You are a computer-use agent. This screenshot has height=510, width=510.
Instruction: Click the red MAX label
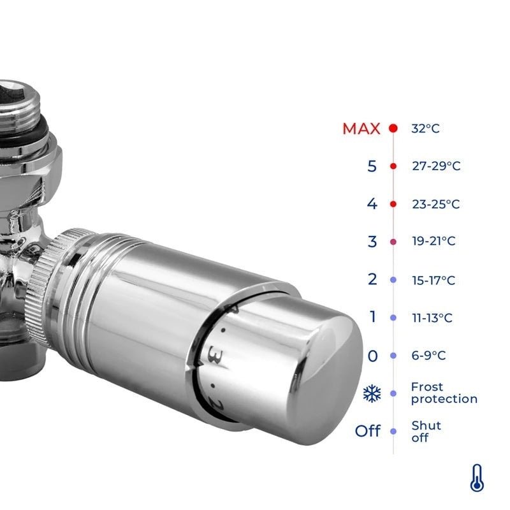coord(361,129)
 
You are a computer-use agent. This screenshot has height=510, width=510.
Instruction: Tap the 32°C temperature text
coord(425,129)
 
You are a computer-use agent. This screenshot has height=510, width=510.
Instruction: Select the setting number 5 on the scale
coord(372,166)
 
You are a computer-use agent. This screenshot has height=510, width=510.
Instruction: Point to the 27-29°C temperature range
coord(436,166)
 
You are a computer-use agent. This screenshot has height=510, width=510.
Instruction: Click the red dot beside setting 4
coord(393,204)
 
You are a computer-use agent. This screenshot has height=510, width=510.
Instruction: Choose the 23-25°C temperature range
coord(436,204)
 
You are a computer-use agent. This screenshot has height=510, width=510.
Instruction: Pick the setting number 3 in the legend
coord(372,242)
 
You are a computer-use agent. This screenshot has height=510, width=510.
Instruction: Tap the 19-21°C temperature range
coord(433,242)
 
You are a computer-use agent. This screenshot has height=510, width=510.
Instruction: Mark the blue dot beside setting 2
coord(393,280)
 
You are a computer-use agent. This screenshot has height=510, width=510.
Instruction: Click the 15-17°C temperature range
coord(433,280)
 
